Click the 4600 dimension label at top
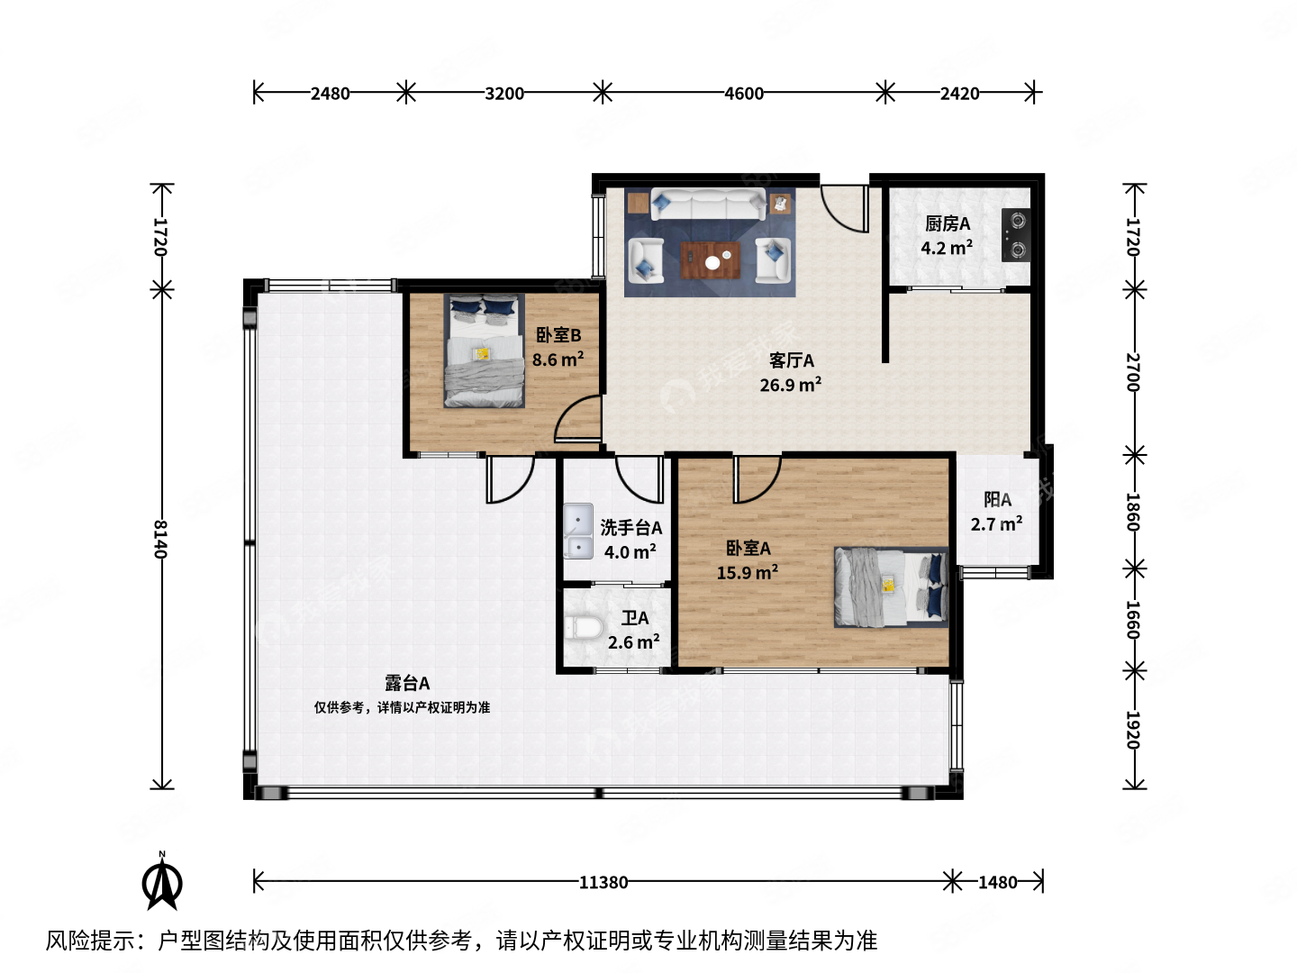(x=744, y=93)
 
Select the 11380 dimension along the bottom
(x=603, y=882)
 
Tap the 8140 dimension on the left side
(x=161, y=539)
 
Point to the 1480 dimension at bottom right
(x=997, y=882)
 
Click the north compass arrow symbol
(x=162, y=883)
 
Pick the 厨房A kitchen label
(x=948, y=223)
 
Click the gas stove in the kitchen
(x=1016, y=235)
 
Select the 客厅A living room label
(x=791, y=360)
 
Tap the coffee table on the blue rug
(x=712, y=261)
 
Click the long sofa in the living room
(x=709, y=205)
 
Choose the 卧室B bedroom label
(x=558, y=335)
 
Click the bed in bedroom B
(x=485, y=351)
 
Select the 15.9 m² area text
(x=747, y=573)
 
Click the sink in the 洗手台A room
(x=578, y=532)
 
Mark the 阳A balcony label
(x=997, y=499)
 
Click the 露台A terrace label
(x=407, y=684)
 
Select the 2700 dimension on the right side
(x=1134, y=372)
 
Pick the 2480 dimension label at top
(x=330, y=93)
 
